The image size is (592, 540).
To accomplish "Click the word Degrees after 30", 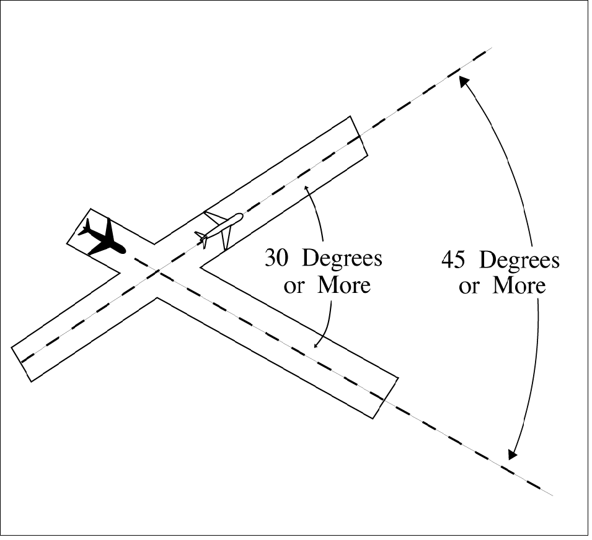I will point(342,259).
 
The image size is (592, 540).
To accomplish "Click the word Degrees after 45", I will point(519,260).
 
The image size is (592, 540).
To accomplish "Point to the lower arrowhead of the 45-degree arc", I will point(511,455).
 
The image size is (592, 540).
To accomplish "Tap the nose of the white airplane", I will point(240,217).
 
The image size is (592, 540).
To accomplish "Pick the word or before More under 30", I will point(294,287).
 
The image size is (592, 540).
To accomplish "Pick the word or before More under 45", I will point(469,287).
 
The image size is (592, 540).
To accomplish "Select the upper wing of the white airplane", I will point(214,218).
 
